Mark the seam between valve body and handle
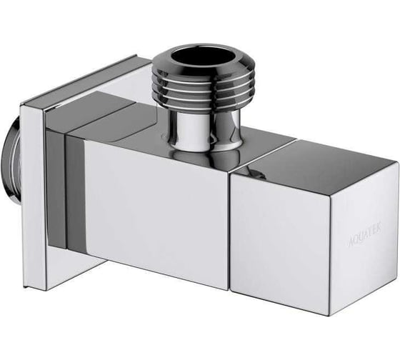click(230, 229)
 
